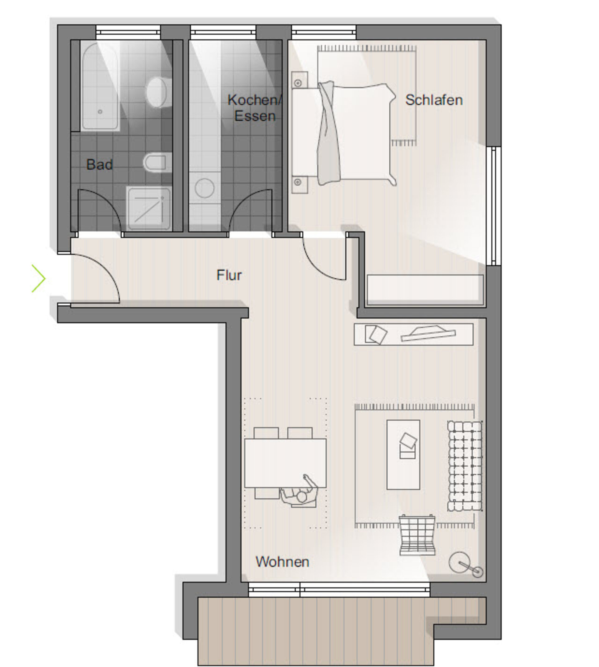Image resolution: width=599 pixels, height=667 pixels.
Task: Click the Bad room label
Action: [100, 164]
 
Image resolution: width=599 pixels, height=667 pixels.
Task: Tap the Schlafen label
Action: [434, 100]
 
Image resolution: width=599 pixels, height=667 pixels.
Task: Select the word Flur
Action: [229, 275]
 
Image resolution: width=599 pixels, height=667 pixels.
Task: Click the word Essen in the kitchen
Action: [255, 116]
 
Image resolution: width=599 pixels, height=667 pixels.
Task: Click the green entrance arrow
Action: [39, 278]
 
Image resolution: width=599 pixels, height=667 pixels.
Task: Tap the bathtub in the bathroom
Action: [100, 86]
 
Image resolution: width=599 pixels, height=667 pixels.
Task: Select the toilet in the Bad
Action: [157, 162]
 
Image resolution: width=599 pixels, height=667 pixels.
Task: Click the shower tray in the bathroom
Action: [149, 208]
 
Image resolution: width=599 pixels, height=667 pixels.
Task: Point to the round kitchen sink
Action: [204, 188]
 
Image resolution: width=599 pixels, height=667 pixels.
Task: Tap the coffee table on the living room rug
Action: [403, 455]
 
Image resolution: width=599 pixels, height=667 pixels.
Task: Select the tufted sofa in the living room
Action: [465, 466]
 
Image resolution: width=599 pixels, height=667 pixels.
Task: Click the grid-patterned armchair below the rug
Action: [417, 535]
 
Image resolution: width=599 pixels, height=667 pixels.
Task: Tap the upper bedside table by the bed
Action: [299, 80]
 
